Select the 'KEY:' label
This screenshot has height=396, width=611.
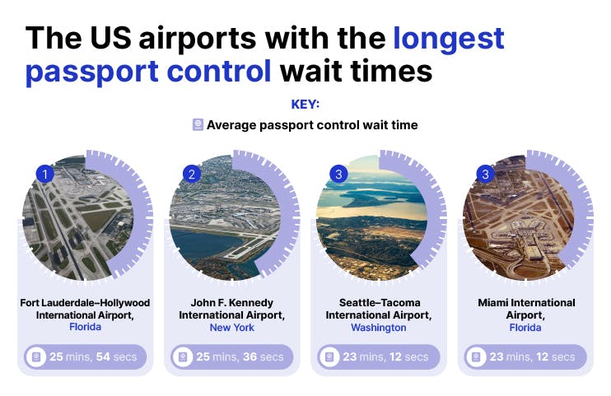[305, 105]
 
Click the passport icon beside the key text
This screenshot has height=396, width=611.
[198, 125]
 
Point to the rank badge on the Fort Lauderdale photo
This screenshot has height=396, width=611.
[44, 174]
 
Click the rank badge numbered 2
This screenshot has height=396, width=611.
[191, 174]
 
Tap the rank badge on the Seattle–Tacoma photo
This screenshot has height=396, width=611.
[338, 174]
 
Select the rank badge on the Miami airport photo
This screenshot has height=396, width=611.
[485, 174]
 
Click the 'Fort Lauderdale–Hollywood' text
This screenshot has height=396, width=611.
[85, 303]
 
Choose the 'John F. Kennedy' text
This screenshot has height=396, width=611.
[232, 303]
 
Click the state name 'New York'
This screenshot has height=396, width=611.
[232, 328]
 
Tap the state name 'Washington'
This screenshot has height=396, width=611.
[379, 328]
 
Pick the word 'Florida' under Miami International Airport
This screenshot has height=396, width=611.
[526, 328]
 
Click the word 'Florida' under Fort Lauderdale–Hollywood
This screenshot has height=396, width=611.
[85, 328]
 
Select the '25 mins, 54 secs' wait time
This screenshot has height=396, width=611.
[92, 357]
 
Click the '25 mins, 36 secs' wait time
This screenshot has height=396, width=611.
[239, 357]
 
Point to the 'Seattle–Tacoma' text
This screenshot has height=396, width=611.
[379, 303]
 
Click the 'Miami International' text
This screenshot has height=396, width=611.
[526, 303]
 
